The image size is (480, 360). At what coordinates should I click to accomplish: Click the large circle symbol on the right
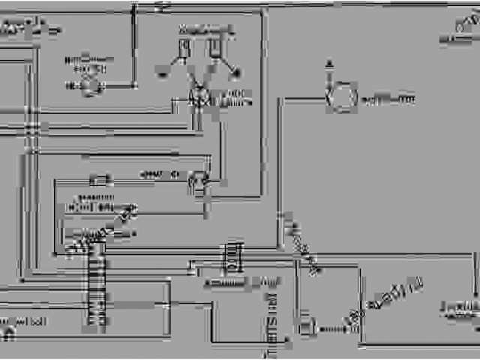[x=342, y=98]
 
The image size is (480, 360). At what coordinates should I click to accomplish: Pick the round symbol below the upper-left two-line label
[x=91, y=86]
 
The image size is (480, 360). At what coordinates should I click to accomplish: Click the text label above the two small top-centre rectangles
[x=202, y=30]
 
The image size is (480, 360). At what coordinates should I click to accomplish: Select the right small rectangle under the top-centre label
[x=215, y=48]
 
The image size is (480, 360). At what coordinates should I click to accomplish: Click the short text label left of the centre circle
[x=158, y=175]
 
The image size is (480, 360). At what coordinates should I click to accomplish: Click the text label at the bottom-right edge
[x=459, y=309]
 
